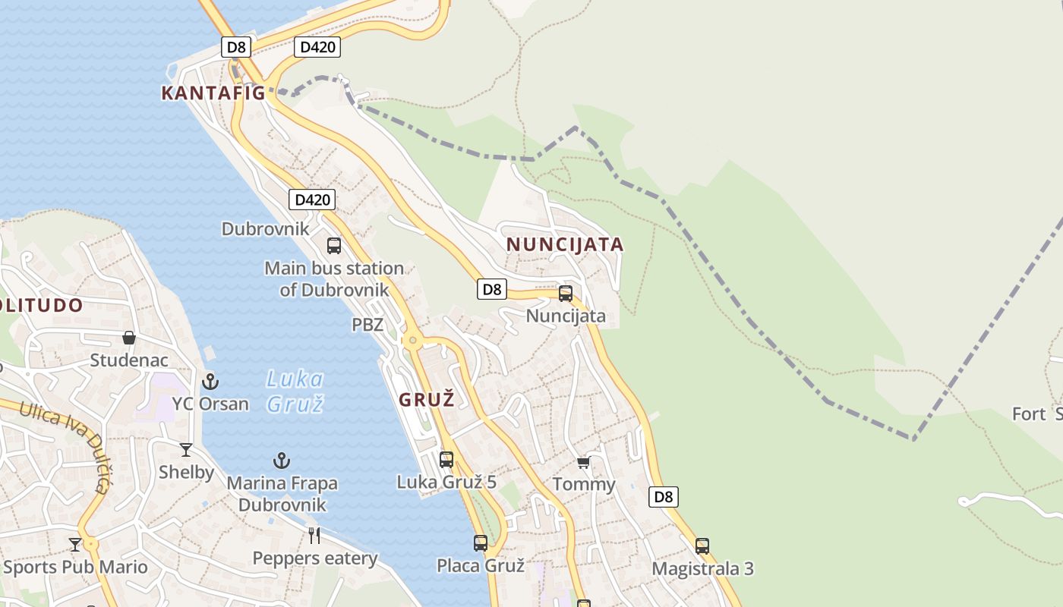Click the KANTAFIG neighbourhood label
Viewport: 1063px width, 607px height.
click(213, 93)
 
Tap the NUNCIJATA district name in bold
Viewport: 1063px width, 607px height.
click(564, 244)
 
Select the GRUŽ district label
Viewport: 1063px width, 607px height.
click(426, 400)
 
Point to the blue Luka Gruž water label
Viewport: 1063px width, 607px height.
click(295, 391)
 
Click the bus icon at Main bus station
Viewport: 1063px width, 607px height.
click(334, 245)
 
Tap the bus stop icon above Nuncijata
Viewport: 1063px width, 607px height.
click(565, 293)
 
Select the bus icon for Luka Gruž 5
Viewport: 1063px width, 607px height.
click(446, 459)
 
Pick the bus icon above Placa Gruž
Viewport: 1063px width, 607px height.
click(481, 543)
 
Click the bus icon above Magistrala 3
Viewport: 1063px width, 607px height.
click(702, 546)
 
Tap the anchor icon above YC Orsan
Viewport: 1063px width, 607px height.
click(210, 381)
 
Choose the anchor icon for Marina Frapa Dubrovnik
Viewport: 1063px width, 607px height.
click(282, 460)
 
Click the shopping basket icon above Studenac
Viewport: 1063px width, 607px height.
click(129, 337)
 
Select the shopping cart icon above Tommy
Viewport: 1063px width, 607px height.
click(583, 462)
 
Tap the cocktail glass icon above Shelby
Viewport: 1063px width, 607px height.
click(186, 449)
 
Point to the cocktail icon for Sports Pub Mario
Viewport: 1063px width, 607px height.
click(75, 544)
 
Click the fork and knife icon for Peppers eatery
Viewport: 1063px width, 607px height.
click(314, 535)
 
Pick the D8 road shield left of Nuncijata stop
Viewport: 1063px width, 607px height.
click(492, 288)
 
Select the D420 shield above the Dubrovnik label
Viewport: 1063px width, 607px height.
click(311, 200)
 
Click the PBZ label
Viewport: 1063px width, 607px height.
click(367, 325)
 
